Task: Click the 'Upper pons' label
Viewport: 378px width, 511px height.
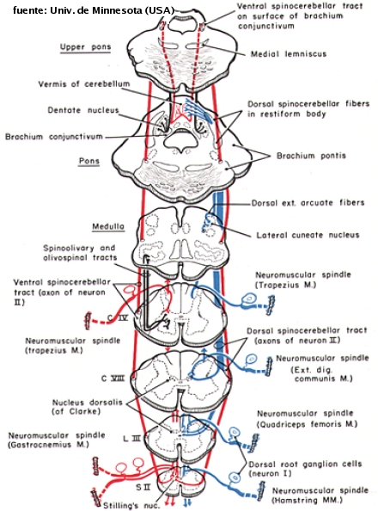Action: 85,47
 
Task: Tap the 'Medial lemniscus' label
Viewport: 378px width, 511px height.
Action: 289,54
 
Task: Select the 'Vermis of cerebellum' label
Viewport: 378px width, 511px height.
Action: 84,83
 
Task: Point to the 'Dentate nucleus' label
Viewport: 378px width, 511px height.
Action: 83,110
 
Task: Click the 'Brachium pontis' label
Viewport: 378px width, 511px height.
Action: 311,156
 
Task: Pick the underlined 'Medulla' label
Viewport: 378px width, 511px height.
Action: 108,226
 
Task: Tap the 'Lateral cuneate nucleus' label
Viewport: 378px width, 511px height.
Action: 308,235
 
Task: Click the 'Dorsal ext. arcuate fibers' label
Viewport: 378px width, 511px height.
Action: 308,203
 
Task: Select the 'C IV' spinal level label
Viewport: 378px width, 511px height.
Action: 118,317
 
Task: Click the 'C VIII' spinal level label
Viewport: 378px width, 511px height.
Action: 113,379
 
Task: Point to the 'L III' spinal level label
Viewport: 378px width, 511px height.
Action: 131,439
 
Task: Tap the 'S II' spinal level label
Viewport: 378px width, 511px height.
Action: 143,488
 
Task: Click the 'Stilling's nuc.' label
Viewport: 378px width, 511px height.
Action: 131,506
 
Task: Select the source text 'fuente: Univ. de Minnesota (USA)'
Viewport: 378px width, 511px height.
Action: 94,10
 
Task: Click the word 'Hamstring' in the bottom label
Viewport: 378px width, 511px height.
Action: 292,500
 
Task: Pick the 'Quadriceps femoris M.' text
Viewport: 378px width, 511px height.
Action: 307,424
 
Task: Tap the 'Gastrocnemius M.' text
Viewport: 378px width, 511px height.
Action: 48,445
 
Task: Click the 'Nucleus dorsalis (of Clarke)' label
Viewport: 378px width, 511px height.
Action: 82,407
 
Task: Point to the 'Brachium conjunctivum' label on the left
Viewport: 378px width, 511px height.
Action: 54,136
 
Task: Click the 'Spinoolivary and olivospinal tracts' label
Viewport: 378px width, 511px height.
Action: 80,253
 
